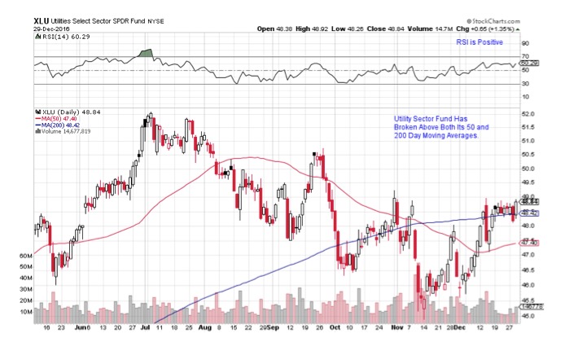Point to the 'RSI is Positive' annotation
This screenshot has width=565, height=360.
tap(480, 42)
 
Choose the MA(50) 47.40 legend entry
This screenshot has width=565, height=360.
tap(55, 118)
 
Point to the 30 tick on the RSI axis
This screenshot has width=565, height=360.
tap(525, 83)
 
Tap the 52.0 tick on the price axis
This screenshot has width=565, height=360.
tap(528, 113)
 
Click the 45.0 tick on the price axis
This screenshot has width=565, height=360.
tap(528, 317)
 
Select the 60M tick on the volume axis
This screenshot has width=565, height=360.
tap(24, 256)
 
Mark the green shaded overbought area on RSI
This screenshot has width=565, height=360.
tap(147, 54)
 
